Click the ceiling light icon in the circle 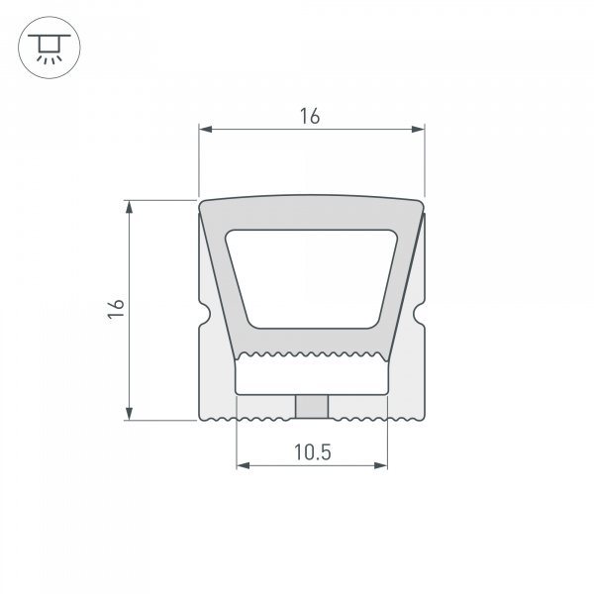(47, 47)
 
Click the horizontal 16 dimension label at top (310, 116)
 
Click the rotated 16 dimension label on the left (115, 309)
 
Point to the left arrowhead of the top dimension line (205, 128)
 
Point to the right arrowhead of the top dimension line (419, 128)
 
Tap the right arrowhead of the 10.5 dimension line (382, 466)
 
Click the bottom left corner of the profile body (202, 416)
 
